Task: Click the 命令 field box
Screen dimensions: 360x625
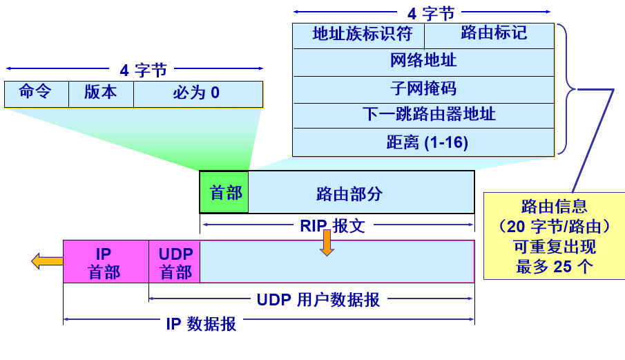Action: [x=37, y=94]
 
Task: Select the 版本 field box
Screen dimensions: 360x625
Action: [x=101, y=94]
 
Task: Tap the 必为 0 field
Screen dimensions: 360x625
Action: [x=198, y=94]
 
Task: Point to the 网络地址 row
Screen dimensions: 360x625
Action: [x=423, y=61]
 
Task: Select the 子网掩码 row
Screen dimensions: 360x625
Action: [x=423, y=89]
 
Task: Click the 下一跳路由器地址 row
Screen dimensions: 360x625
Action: [x=423, y=115]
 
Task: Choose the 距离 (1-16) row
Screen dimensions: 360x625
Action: [x=423, y=142]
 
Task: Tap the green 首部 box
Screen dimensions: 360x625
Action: [x=224, y=192]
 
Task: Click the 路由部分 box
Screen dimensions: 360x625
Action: [x=360, y=193]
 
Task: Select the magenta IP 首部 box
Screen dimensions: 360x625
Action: [x=106, y=261]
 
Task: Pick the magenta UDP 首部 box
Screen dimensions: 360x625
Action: [x=174, y=261]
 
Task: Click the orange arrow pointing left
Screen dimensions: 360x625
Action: [x=46, y=261]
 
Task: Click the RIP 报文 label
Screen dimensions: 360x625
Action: [x=332, y=225]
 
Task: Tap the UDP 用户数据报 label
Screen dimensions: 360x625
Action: [x=318, y=300]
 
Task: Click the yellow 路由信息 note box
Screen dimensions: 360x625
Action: [x=554, y=236]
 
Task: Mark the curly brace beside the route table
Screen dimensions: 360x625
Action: [x=567, y=88]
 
